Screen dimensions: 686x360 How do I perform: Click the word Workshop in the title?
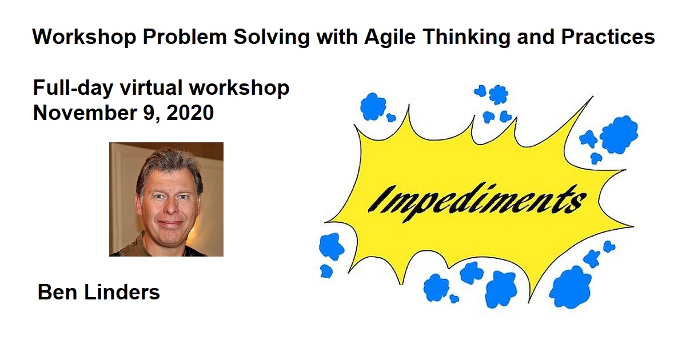pyautogui.click(x=84, y=37)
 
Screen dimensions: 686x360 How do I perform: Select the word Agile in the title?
pyautogui.click(x=390, y=37)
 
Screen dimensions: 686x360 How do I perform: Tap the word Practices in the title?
pyautogui.click(x=608, y=37)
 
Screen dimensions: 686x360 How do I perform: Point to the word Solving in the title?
pyautogui.click(x=272, y=37)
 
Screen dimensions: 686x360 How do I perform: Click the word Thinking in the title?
pyautogui.click(x=466, y=37)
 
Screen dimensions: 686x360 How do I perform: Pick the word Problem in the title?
pyautogui.click(x=184, y=37)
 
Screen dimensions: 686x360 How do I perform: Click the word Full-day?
pyautogui.click(x=73, y=89)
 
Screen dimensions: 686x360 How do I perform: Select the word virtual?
pyautogui.click(x=151, y=87)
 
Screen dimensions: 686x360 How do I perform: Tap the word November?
pyautogui.click(x=85, y=113)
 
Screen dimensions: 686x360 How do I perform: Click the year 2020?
pyautogui.click(x=190, y=113)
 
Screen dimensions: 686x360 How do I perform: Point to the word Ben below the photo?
pyautogui.click(x=57, y=292)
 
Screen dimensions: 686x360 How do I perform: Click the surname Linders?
pyautogui.click(x=122, y=292)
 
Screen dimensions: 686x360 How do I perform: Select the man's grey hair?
pyautogui.click(x=169, y=167)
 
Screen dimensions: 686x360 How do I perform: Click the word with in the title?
pyautogui.click(x=337, y=37)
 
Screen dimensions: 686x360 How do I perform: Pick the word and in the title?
pyautogui.click(x=536, y=37)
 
